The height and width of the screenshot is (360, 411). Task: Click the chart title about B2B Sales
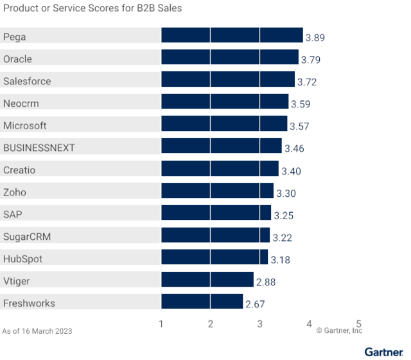click(92, 8)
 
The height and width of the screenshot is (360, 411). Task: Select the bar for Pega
click(231, 37)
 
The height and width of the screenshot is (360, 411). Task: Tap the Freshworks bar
click(202, 303)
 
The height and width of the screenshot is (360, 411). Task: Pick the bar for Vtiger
click(207, 281)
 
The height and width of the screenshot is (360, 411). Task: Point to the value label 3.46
click(293, 148)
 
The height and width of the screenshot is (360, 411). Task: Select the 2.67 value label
click(255, 303)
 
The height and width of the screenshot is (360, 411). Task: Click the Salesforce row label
click(27, 82)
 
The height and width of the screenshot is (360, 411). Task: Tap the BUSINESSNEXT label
click(39, 148)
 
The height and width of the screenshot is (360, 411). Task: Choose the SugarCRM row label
click(27, 237)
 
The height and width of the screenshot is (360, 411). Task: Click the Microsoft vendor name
click(25, 125)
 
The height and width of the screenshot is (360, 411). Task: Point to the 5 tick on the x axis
click(358, 323)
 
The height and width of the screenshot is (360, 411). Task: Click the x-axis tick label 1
click(161, 323)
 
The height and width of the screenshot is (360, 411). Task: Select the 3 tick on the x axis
click(259, 323)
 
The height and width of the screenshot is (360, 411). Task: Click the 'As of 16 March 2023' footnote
click(37, 331)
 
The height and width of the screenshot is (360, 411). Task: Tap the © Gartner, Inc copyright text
click(339, 330)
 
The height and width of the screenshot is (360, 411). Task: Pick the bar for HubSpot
click(214, 258)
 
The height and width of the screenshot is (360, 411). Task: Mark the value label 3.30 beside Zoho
click(286, 193)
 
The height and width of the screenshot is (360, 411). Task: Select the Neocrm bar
click(224, 104)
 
